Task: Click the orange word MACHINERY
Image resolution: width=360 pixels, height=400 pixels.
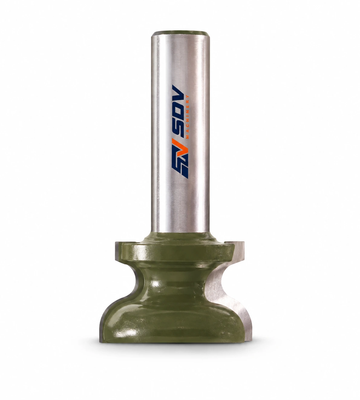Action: point(188,117)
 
